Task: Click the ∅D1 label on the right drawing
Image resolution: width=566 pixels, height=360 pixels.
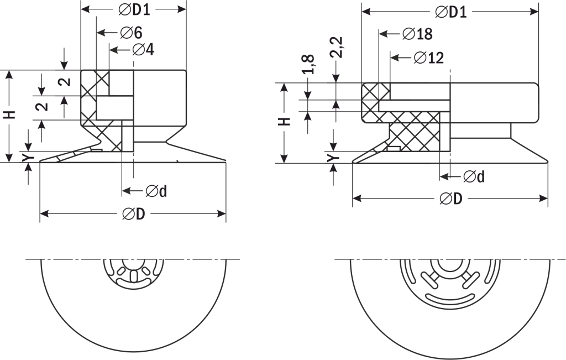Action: (450, 12)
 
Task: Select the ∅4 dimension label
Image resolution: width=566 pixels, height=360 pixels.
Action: (143, 50)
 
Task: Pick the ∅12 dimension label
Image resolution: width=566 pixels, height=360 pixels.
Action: (428, 58)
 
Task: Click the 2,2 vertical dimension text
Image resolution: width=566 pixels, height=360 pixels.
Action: (336, 48)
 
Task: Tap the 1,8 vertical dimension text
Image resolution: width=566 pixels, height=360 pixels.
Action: (309, 64)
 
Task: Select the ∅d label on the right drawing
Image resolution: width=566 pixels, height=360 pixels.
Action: (474, 176)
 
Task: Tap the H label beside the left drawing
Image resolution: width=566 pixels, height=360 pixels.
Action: (9, 114)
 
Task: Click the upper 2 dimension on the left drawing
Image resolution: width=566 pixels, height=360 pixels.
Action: (64, 82)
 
